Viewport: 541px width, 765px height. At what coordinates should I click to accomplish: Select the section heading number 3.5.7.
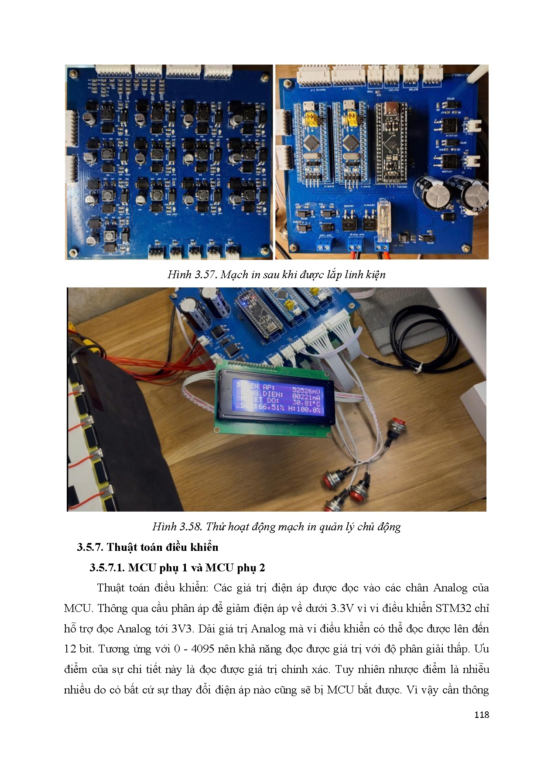pyautogui.click(x=90, y=547)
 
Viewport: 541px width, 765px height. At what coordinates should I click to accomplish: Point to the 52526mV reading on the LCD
pyautogui.click(x=306, y=391)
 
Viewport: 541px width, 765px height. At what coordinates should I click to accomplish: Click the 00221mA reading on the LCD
pyautogui.click(x=306, y=397)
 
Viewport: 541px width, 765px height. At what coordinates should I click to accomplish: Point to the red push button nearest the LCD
pyautogui.click(x=397, y=424)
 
